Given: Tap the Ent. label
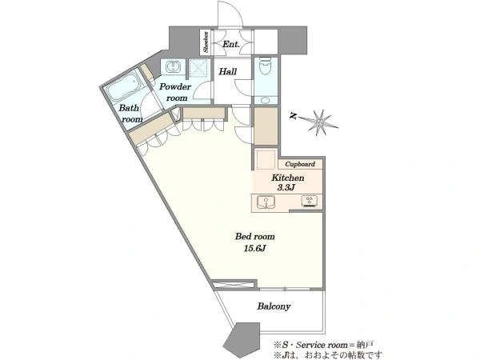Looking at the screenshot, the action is tap(231, 44).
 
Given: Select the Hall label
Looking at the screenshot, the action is tap(228, 72).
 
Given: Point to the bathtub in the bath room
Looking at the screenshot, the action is tap(122, 87).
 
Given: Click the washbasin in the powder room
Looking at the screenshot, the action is tap(174, 66).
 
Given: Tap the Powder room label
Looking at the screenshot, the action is tap(175, 92).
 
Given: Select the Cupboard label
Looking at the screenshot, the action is tap(300, 164).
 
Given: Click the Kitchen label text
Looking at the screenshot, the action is tap(288, 178).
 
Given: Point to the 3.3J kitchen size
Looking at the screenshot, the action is tap(286, 187).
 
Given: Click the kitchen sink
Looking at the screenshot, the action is tap(266, 202).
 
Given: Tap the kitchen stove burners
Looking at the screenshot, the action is tap(310, 201).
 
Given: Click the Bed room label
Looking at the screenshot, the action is tap(254, 236).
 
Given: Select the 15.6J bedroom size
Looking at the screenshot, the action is tap(254, 248).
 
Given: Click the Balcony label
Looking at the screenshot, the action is tap(274, 306).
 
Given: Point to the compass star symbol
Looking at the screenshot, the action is tap(319, 122).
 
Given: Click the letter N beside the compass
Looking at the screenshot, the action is tap(294, 116).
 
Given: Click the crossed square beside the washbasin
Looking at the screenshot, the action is tap(198, 67).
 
